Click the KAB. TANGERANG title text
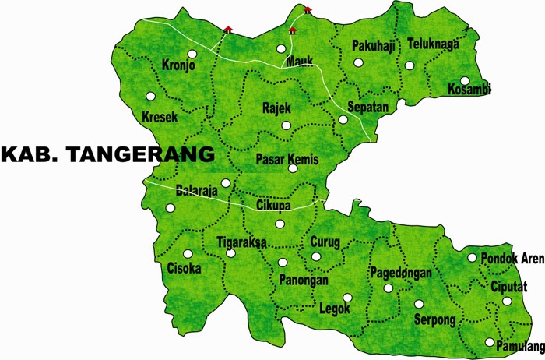[x=107, y=154]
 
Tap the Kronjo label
[x=178, y=65]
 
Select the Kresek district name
[x=160, y=117]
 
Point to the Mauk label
[x=299, y=62]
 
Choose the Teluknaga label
[x=433, y=44]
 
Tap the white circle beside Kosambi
[x=465, y=80]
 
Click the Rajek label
[x=277, y=108]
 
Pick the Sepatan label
[x=367, y=106]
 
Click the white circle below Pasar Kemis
[x=293, y=168]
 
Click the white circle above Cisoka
[x=187, y=254]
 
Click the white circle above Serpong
[x=418, y=304]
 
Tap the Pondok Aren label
[x=512, y=259]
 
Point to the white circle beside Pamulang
[x=489, y=342]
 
